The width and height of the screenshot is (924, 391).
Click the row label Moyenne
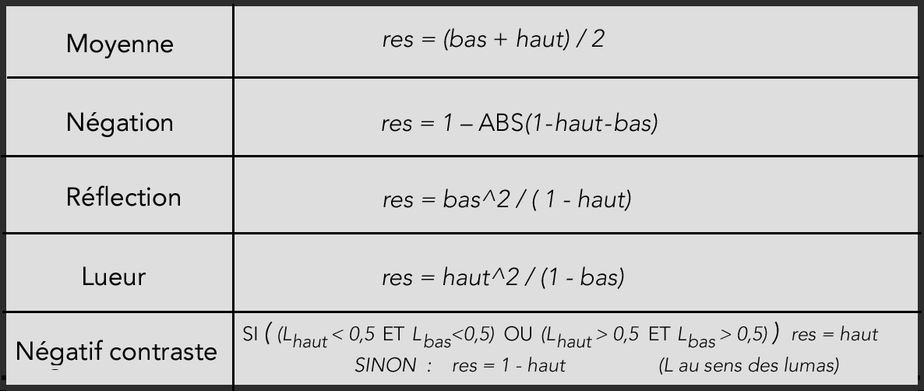(x=120, y=44)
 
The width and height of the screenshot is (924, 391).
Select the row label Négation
(x=120, y=122)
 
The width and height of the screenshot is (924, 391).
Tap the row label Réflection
(x=123, y=197)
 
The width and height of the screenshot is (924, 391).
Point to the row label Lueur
(x=113, y=277)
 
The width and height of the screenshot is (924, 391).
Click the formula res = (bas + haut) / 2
(x=493, y=40)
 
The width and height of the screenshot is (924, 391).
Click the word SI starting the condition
(x=250, y=334)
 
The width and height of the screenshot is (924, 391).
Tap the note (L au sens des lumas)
(x=749, y=365)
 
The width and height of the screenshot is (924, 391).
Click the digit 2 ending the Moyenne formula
(x=598, y=40)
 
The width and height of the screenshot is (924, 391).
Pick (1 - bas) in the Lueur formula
(x=582, y=277)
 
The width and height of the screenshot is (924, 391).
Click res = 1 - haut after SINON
(x=509, y=365)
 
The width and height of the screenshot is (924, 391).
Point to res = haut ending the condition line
(x=834, y=334)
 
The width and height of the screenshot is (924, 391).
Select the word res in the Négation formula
(x=397, y=125)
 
